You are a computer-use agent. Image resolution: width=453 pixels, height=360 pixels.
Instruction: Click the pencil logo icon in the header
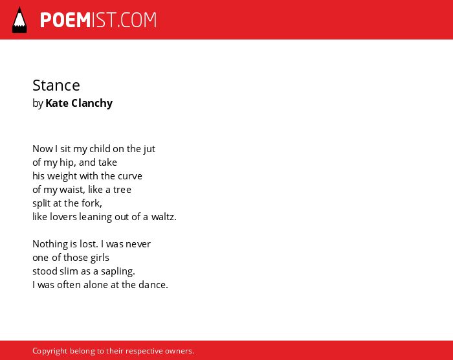(19, 20)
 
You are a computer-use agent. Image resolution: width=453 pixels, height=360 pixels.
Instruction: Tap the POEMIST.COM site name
(98, 20)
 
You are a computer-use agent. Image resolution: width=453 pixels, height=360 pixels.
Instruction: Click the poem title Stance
(56, 85)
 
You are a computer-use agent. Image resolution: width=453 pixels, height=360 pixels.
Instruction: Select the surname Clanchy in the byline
(92, 103)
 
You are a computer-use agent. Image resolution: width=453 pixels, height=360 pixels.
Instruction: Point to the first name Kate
(57, 103)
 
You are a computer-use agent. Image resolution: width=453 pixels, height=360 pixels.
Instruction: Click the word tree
(122, 190)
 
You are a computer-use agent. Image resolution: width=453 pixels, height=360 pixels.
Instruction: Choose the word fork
(92, 203)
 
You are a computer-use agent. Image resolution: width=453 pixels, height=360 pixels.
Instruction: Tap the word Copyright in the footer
(50, 351)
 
